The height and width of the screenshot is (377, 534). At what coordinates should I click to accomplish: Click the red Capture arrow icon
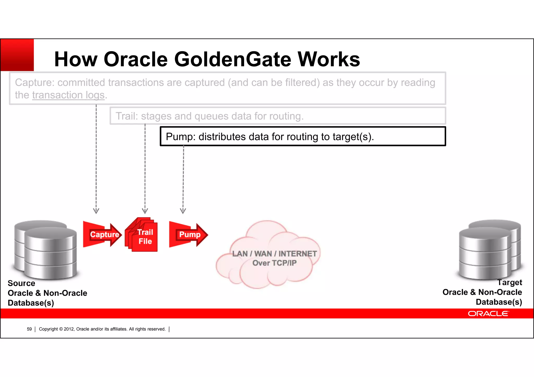102,234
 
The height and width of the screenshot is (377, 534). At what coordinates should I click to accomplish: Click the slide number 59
29,329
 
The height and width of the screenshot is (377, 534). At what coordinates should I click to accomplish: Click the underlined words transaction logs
68,95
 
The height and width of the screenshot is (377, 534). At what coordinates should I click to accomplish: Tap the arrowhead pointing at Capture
96,211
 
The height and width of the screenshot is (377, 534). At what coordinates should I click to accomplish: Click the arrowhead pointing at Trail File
145,211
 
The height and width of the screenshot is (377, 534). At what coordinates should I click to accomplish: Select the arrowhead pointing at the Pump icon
183,211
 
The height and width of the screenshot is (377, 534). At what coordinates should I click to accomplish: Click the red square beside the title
17,55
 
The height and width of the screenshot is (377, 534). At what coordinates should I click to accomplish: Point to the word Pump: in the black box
180,137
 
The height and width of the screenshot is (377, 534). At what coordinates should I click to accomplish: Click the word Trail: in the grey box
127,116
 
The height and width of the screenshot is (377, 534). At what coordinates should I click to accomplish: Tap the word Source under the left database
21,283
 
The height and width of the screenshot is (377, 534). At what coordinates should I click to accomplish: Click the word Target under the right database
509,282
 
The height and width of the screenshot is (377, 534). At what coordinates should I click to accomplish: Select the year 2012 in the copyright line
69,329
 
